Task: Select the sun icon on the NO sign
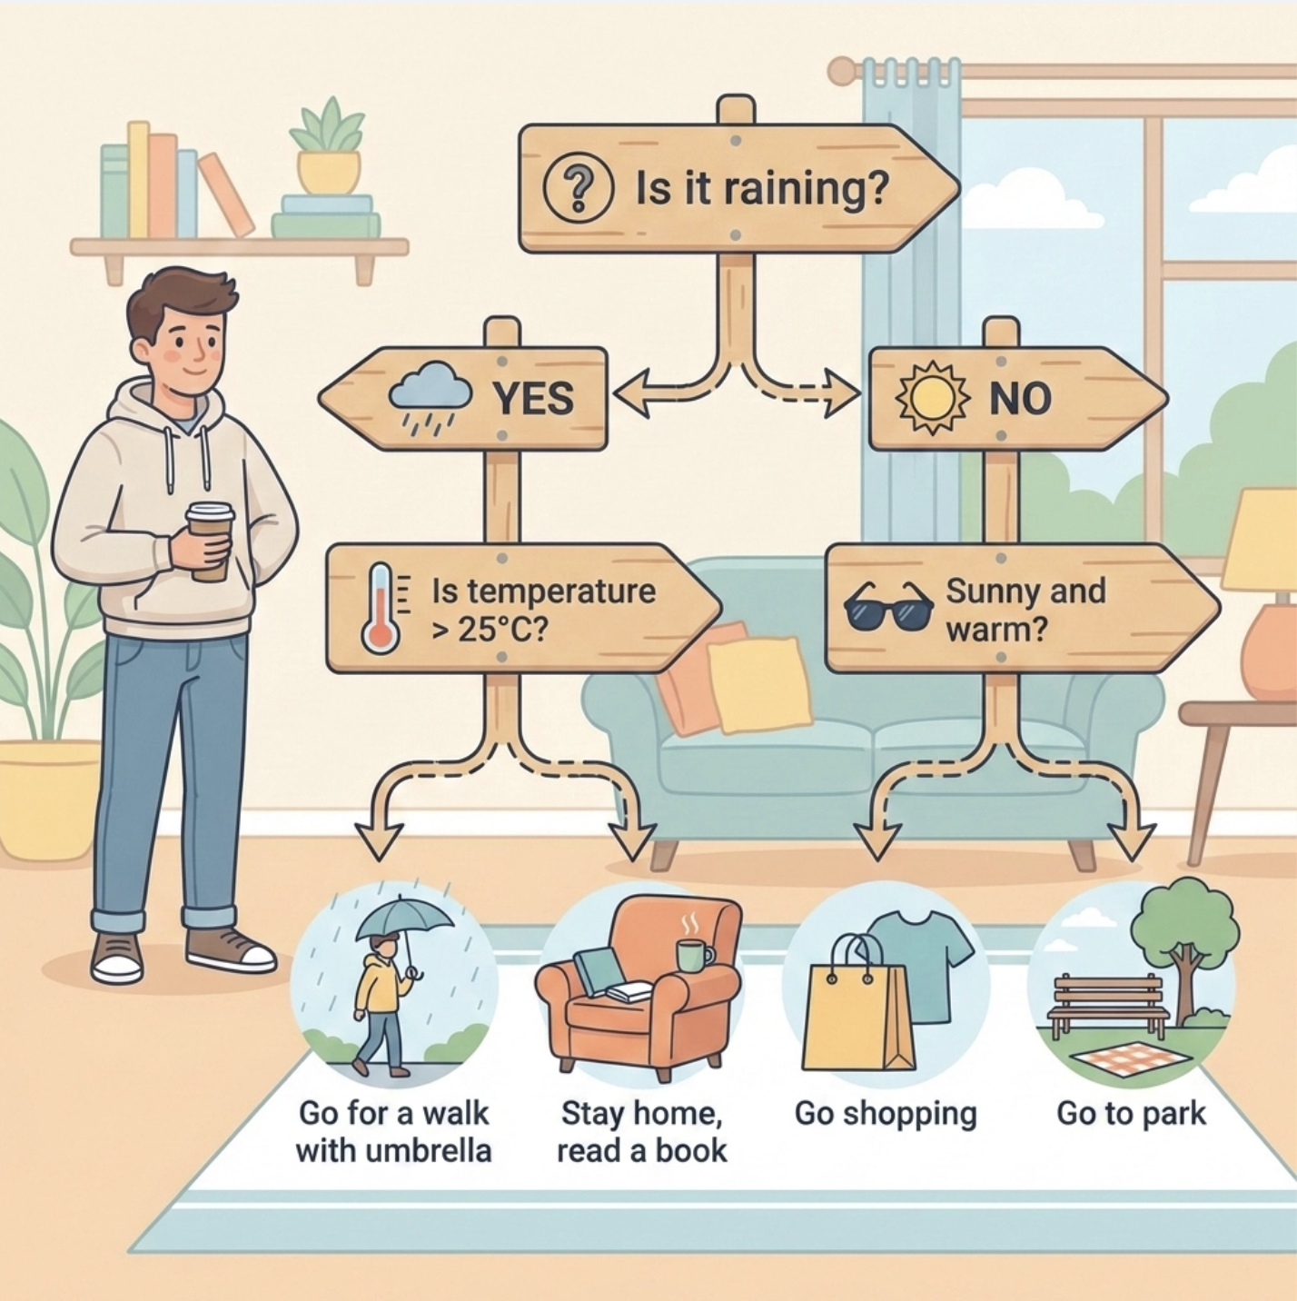(931, 398)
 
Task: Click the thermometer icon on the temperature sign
(381, 609)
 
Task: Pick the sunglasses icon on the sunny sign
(888, 608)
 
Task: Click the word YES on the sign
(532, 399)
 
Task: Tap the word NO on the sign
(1020, 399)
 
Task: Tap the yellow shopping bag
(856, 1013)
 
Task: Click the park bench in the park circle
(1107, 1005)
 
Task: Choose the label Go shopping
(886, 1113)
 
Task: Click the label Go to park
(1131, 1113)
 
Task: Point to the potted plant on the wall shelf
(328, 150)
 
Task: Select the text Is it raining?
(760, 189)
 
